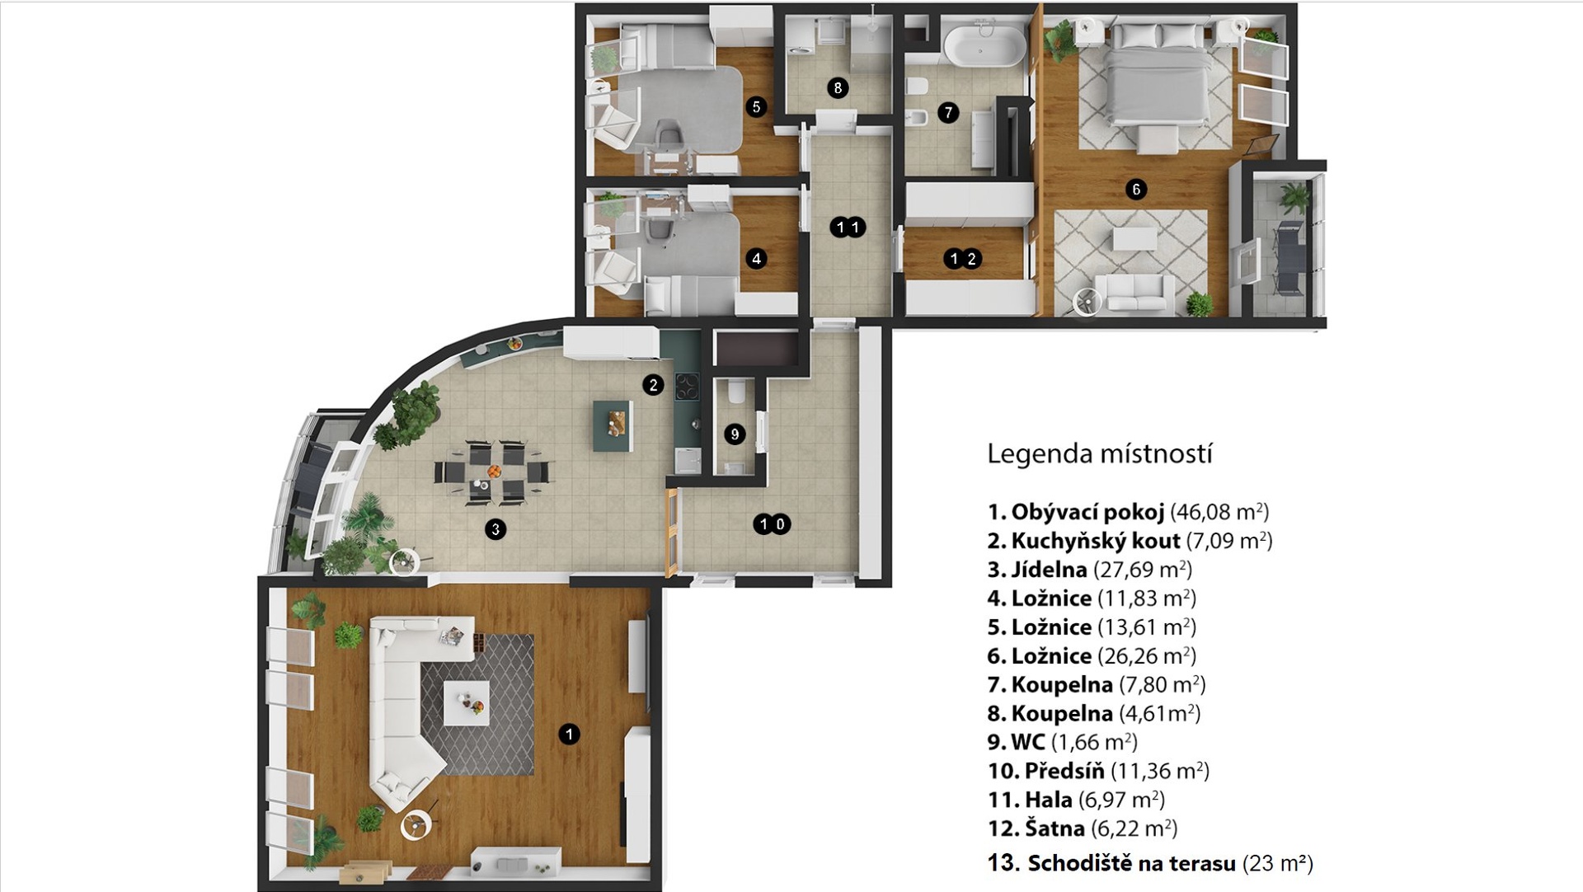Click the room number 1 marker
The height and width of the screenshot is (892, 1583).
tap(569, 734)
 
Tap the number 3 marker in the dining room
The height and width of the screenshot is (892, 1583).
tap(496, 529)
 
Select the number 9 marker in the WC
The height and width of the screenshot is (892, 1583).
tap(735, 434)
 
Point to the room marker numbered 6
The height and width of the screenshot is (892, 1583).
tap(1136, 190)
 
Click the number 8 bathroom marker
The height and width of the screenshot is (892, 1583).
tap(838, 88)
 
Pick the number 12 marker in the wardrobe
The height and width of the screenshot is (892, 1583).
tap(963, 259)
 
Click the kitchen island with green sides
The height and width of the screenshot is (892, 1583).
tap(613, 426)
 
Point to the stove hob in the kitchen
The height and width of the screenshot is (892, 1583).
tap(687, 386)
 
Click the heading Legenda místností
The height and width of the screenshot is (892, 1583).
tap(1100, 453)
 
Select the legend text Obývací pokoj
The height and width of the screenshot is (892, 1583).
tap(1087, 512)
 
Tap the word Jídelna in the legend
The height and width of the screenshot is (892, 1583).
tap(1049, 570)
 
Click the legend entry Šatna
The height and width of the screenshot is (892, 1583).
tap(1055, 828)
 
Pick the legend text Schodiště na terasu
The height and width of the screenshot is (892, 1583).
tap(1131, 863)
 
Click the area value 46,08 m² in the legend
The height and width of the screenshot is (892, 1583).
tap(1219, 512)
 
